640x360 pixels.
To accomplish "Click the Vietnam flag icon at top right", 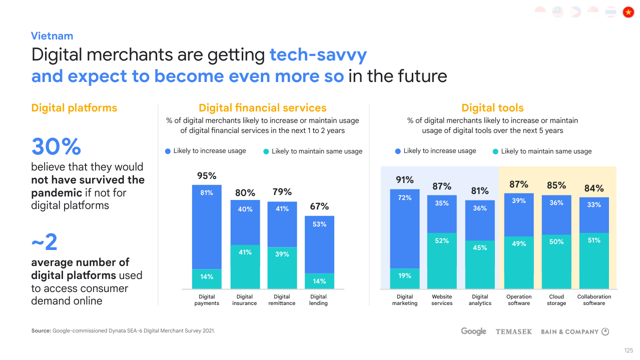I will (x=628, y=12).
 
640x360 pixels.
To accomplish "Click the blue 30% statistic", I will (x=56, y=147).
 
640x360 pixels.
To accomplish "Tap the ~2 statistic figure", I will (x=45, y=243).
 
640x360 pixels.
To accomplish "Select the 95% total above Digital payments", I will (x=207, y=176).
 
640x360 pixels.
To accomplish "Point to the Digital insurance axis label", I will (x=245, y=300).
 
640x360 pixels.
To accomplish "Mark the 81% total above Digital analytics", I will (x=480, y=191).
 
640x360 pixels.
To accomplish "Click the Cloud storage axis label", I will (x=556, y=300).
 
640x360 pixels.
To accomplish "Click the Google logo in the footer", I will (x=473, y=331).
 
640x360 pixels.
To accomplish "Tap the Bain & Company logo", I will (x=574, y=331).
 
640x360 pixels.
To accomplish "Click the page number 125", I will (x=628, y=350).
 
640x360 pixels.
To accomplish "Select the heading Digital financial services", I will (x=262, y=108).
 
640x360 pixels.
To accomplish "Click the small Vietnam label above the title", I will (x=52, y=36).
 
